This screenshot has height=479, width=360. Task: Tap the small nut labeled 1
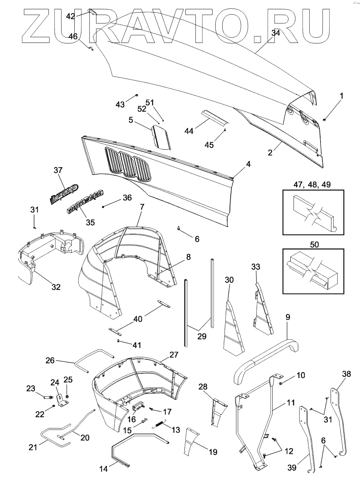[324, 119]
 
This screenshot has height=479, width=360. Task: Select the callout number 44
[189, 131]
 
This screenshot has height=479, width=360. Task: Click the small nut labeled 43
[137, 95]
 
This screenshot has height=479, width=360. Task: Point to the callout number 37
[58, 171]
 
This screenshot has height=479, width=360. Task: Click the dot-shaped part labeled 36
[103, 207]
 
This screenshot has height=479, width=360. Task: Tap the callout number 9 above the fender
[288, 317]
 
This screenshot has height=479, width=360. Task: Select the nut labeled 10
[280, 383]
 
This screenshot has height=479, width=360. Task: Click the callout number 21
[33, 447]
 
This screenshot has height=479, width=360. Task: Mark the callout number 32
[56, 287]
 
